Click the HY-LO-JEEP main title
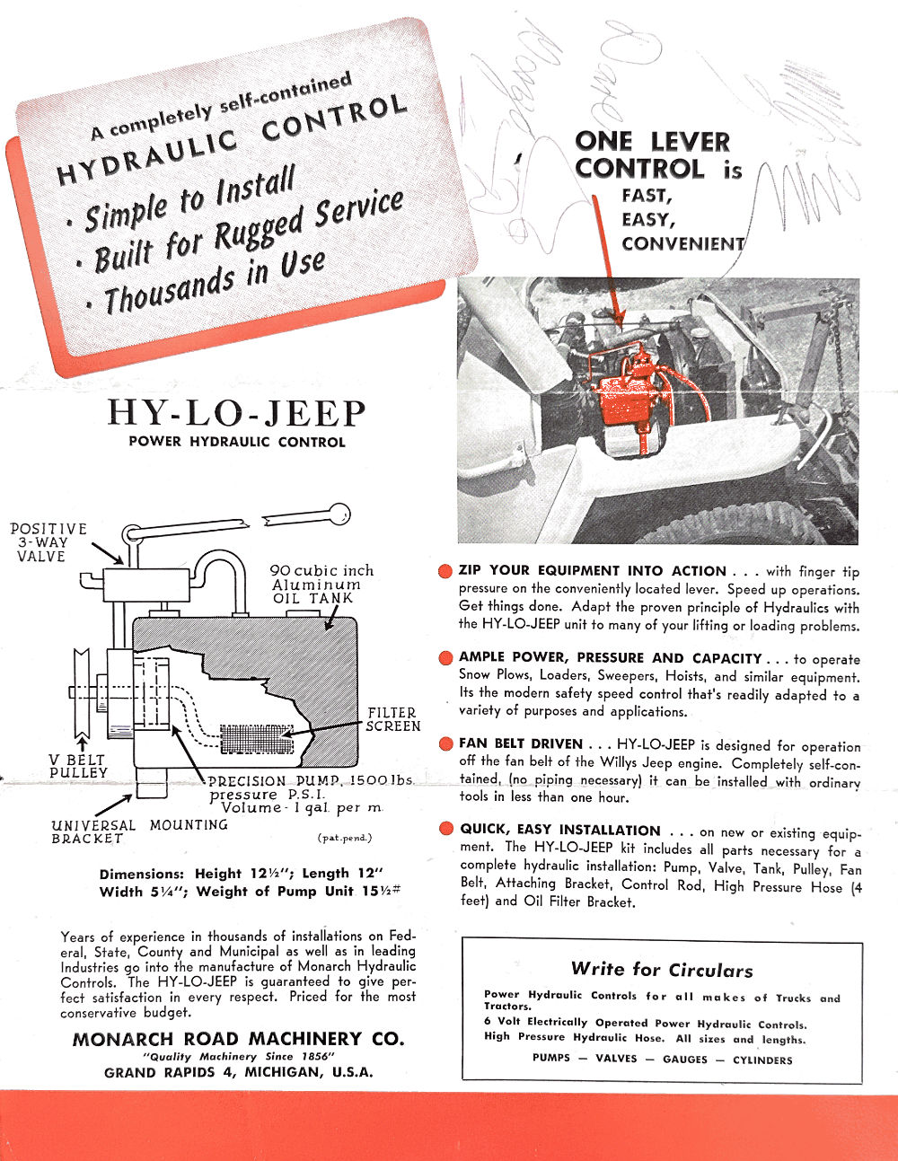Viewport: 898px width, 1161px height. pyautogui.click(x=237, y=414)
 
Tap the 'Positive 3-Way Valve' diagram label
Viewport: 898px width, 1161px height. pyautogui.click(x=48, y=542)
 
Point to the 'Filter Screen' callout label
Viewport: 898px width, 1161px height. pyautogui.click(x=392, y=718)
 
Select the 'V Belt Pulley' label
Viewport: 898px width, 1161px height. pyautogui.click(x=77, y=766)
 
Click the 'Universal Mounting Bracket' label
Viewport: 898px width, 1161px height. pyautogui.click(x=139, y=831)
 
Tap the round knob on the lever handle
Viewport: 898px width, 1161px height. pyautogui.click(x=339, y=515)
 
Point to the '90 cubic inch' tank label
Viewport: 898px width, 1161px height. pyautogui.click(x=321, y=571)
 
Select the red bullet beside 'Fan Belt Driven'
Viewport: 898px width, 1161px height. pyautogui.click(x=445, y=744)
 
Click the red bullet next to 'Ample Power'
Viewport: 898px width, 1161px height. pyautogui.click(x=445, y=658)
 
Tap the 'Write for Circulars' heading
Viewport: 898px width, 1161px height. pyautogui.click(x=662, y=970)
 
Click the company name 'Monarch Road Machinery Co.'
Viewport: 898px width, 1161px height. pyautogui.click(x=238, y=1039)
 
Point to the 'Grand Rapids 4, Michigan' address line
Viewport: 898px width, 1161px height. pyautogui.click(x=238, y=1072)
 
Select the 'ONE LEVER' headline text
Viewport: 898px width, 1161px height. pyautogui.click(x=652, y=142)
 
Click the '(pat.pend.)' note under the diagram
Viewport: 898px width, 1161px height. pyautogui.click(x=344, y=838)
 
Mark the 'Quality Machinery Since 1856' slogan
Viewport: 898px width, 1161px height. pyautogui.click(x=238, y=1057)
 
